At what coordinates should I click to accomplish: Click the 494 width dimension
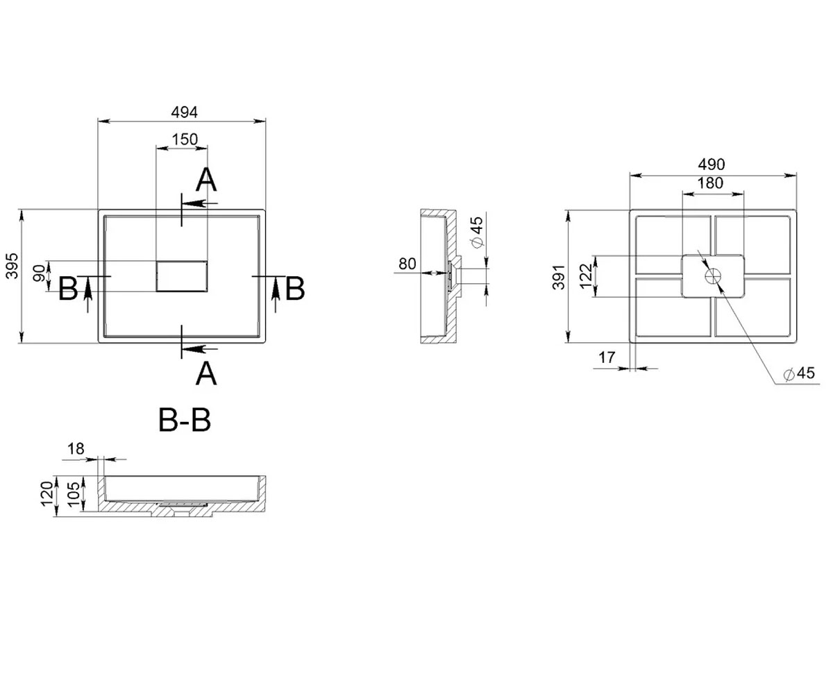click(x=184, y=112)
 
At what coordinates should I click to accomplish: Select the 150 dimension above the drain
click(x=185, y=139)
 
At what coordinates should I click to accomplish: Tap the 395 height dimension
click(x=12, y=266)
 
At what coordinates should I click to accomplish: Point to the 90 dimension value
click(x=40, y=273)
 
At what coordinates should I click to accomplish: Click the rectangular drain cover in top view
click(x=181, y=276)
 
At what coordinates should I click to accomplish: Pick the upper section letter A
click(x=206, y=180)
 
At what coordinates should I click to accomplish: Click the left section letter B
click(x=68, y=289)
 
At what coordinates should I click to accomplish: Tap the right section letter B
click(x=295, y=289)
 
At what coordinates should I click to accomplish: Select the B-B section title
click(x=185, y=420)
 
